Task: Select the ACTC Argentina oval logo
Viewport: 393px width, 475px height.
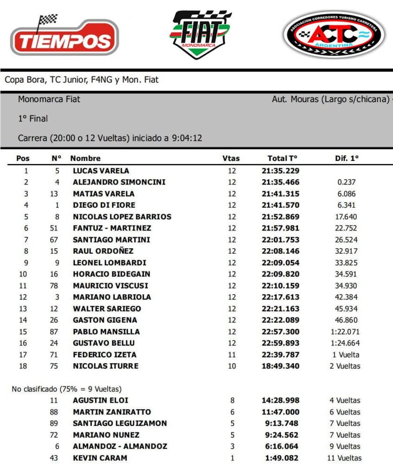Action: [334, 35]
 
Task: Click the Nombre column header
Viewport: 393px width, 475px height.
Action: [85, 158]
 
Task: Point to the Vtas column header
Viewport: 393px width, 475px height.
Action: [231, 158]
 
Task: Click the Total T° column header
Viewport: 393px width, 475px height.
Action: [282, 158]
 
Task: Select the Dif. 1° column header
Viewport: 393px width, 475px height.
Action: [347, 158]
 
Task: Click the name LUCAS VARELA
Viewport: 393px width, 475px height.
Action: [101, 171]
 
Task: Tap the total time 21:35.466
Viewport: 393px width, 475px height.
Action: [281, 182]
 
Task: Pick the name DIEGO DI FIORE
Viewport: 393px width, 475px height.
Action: [104, 205]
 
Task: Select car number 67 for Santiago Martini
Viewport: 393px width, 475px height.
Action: [54, 240]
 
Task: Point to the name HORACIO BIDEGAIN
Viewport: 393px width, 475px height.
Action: [111, 274]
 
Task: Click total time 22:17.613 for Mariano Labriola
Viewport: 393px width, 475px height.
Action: [281, 297]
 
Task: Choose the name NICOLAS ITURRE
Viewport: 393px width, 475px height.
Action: [105, 366]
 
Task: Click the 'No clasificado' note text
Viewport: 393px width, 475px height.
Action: [66, 389]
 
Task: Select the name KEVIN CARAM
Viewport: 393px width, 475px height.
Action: [100, 458]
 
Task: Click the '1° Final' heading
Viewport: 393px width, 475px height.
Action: [33, 119]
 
